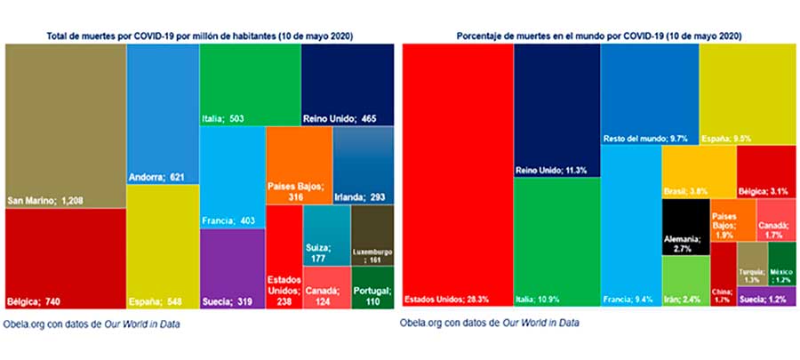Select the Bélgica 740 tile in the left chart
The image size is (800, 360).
click(64, 259)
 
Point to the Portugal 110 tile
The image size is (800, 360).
click(366, 284)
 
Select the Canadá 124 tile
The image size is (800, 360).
click(325, 288)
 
